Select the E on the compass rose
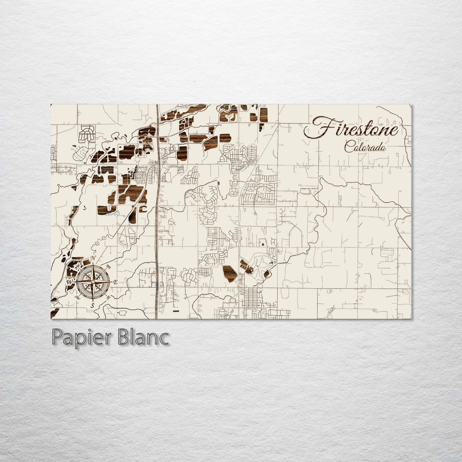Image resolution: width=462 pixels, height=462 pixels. coord(115,281)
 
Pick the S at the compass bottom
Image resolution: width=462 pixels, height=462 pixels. coord(92,305)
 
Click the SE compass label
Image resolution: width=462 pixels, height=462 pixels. coord(108,297)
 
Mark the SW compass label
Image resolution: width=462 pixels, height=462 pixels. coord(77,297)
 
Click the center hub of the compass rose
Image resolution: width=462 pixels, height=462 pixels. coord(93,281)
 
